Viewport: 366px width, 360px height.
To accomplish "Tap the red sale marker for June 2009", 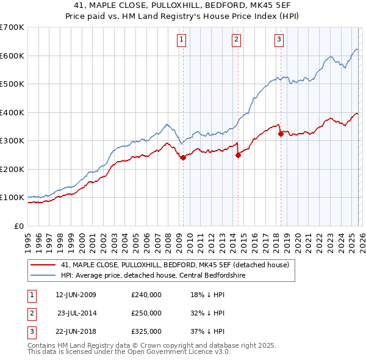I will point(183,157).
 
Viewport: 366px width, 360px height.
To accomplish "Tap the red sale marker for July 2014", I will point(238,155).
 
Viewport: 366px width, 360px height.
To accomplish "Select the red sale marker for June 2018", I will point(281,134).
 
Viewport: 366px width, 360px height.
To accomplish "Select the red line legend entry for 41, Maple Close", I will point(178,264).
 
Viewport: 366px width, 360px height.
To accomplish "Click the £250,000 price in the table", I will point(146,313).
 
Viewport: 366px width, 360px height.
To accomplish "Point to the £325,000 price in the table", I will point(146,331).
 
